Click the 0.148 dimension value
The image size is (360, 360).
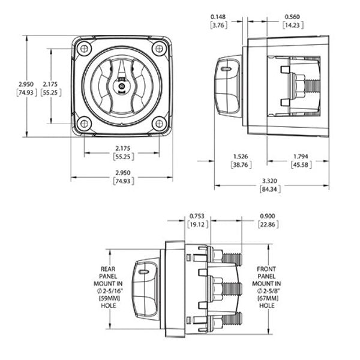[218, 16]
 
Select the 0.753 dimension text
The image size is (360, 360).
[197, 216]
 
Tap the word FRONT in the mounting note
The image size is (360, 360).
[265, 270]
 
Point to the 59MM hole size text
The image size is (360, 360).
[112, 297]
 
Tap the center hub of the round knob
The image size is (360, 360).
[122, 86]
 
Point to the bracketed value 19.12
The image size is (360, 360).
[197, 224]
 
